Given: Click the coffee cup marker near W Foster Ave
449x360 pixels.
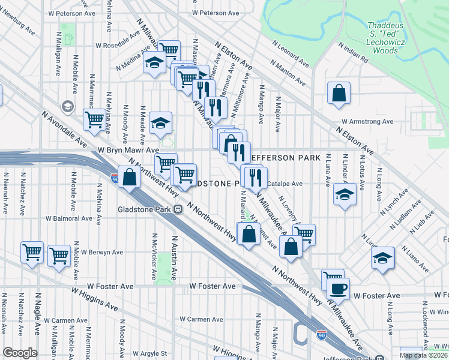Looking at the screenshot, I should tap(338, 288).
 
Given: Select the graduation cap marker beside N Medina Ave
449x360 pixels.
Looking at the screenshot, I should tap(155, 62).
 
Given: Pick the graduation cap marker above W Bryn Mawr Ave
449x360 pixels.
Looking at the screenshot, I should tap(160, 123).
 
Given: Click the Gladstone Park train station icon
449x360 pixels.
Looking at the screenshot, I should tap(178, 209).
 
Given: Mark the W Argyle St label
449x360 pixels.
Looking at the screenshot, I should tap(149, 354).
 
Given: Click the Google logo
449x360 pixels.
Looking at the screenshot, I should tap(20, 352).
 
